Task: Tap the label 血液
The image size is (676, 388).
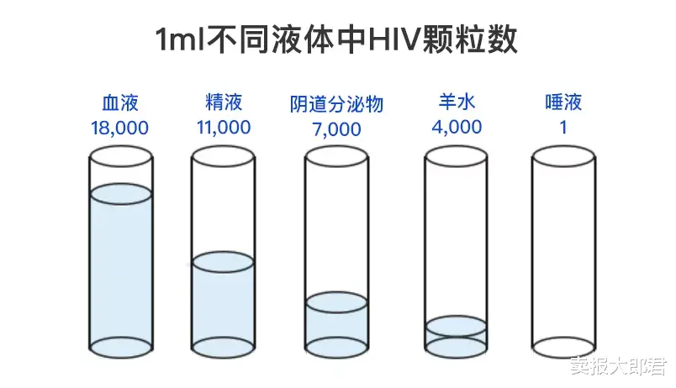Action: click(119, 103)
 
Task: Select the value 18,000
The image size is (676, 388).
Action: click(119, 128)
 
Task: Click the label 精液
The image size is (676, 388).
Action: click(224, 103)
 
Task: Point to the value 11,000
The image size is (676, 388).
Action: click(224, 128)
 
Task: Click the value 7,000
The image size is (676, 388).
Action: click(336, 129)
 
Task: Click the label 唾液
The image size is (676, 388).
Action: click(563, 103)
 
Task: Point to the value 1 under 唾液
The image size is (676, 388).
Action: click(563, 128)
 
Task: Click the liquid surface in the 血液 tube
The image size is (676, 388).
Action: click(120, 194)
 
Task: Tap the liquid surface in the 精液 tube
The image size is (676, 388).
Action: click(224, 262)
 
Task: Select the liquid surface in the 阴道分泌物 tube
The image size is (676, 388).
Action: click(336, 302)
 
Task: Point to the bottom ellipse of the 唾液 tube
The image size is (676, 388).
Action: click(563, 345)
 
